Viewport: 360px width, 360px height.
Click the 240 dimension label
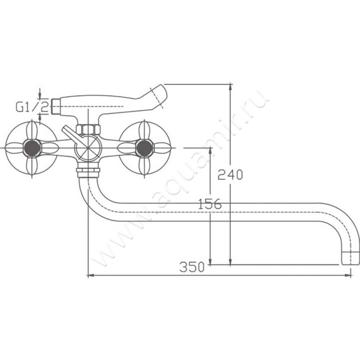point(230,175)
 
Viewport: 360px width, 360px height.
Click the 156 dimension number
point(210,204)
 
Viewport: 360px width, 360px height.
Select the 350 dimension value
point(192,267)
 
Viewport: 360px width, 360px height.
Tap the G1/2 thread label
point(32,107)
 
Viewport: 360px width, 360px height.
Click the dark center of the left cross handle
point(32,148)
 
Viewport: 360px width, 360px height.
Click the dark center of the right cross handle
point(144,148)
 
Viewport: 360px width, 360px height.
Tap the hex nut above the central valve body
point(88,130)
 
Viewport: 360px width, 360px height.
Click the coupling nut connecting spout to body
point(88,173)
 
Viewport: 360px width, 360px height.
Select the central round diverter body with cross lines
point(89,148)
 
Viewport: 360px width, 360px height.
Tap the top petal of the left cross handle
point(31,131)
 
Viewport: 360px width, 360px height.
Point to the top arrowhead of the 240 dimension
point(230,87)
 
